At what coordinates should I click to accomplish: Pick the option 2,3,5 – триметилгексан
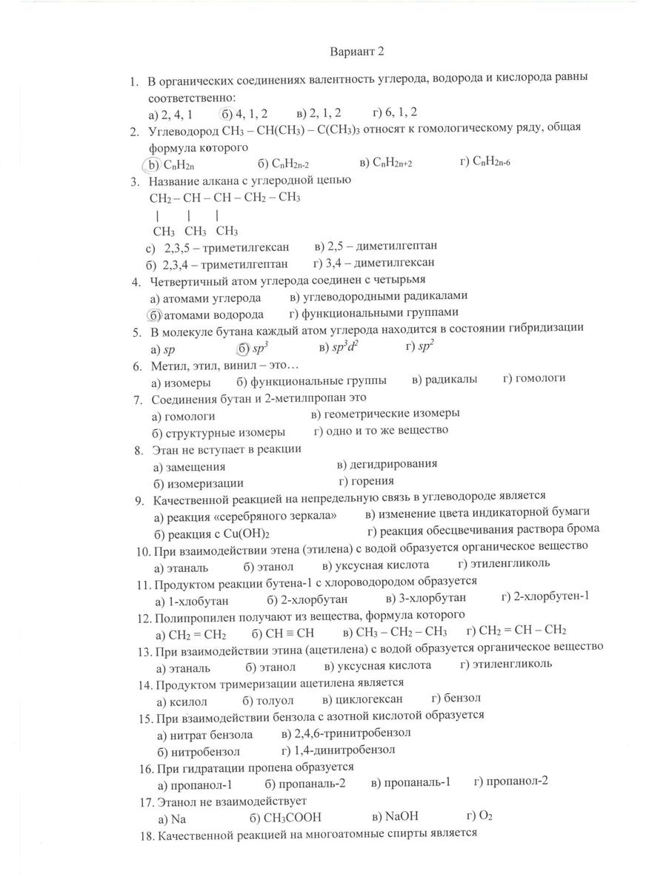coord(227,247)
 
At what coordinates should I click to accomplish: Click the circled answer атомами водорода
coord(206,314)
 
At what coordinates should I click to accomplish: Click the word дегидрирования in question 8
coord(393,463)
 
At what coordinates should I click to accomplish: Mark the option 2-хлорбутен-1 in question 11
coord(550,596)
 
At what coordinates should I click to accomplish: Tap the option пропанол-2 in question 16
coord(517,781)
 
